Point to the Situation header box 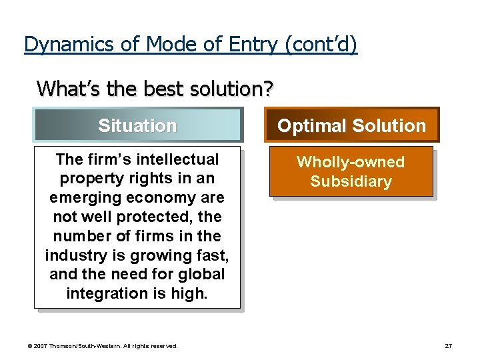137,125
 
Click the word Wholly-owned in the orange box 350,162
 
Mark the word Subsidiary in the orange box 351,181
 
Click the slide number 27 448,346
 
